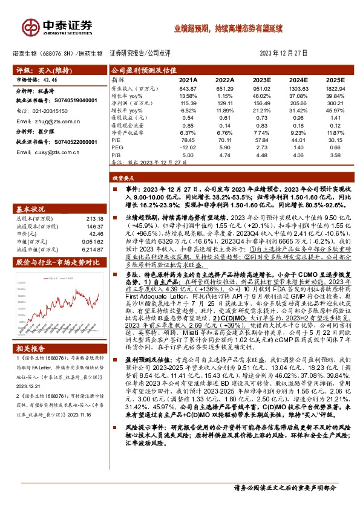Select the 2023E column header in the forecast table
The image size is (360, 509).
coord(261,80)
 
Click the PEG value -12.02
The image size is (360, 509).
coord(189,147)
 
